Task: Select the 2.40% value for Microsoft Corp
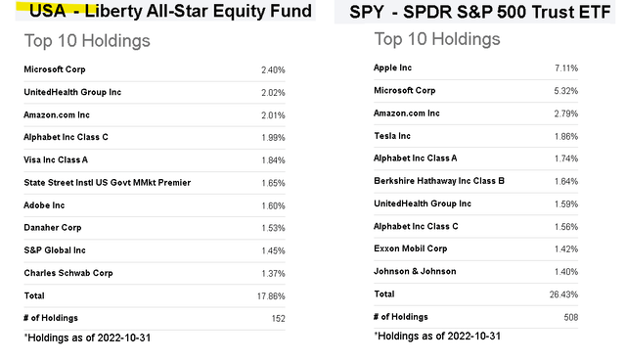tap(273, 69)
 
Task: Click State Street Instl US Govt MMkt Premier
tap(107, 182)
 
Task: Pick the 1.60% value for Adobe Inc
tap(273, 205)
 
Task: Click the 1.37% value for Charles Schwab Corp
tap(273, 273)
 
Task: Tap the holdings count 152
tap(278, 318)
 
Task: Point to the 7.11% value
tap(565, 67)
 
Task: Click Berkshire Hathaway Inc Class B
tap(439, 181)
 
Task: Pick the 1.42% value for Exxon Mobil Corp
tap(565, 248)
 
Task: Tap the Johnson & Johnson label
tap(421, 271)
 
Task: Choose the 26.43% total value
tap(563, 293)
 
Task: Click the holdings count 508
tap(569, 316)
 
